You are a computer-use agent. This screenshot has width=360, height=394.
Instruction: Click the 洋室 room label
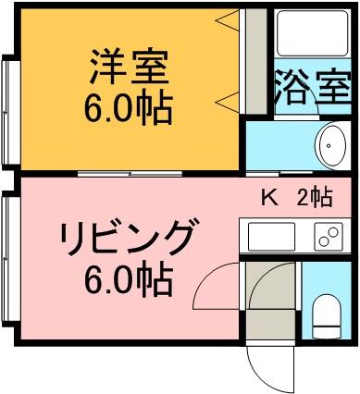click(130, 67)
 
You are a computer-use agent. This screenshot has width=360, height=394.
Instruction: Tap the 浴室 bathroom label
click(313, 87)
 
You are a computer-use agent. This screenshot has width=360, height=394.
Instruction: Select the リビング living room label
click(129, 237)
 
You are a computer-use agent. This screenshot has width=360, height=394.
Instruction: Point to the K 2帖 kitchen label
click(297, 197)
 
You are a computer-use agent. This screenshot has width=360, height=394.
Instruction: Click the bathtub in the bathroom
click(313, 33)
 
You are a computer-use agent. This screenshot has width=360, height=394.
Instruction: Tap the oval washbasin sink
click(329, 145)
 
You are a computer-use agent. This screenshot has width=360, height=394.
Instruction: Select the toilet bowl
click(327, 316)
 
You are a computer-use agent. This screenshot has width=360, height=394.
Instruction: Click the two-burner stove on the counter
click(329, 237)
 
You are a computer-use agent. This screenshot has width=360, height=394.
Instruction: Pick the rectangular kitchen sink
click(271, 237)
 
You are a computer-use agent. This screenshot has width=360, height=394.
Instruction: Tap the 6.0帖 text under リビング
click(128, 279)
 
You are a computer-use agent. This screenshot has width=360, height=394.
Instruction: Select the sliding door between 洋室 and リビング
click(130, 174)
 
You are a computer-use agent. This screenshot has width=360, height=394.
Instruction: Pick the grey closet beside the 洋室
click(255, 61)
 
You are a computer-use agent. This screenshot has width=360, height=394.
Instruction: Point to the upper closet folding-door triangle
click(228, 20)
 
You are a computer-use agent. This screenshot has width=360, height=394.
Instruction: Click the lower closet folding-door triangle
click(228, 102)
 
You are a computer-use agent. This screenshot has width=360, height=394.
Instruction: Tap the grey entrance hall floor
click(270, 324)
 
